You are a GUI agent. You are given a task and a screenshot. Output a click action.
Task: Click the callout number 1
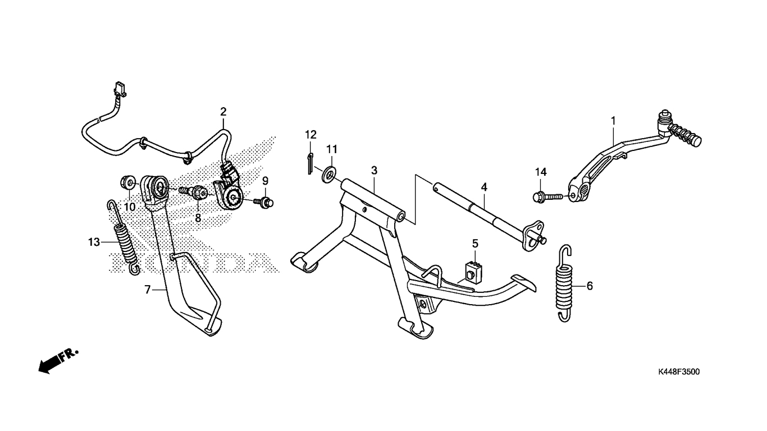point(613,121)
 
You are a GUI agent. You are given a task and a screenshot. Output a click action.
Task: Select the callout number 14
point(541,172)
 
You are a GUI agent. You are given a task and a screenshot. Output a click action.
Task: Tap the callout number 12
point(311,135)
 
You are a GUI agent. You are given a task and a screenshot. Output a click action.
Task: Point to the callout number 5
point(475,244)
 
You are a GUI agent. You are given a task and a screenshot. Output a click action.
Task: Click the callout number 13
point(94,242)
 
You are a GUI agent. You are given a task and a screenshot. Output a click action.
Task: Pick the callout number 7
point(147,290)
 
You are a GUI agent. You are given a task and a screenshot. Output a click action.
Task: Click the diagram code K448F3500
point(679,372)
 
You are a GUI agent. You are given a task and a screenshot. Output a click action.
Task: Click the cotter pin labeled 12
point(310,164)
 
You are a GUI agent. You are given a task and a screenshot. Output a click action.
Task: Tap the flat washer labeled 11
point(329,174)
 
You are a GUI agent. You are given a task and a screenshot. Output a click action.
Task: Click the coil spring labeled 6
point(564,283)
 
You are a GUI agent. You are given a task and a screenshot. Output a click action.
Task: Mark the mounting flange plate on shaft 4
point(534,236)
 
